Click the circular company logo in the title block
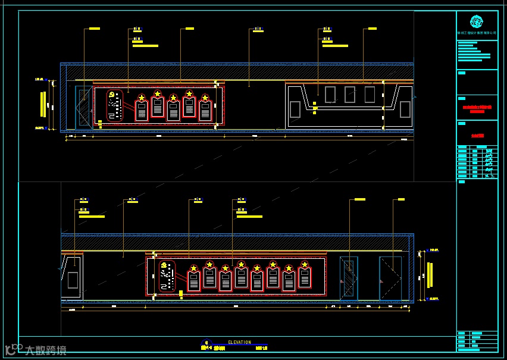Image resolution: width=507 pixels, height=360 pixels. pos(477,22)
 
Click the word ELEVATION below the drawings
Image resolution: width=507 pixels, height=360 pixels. pos(240,342)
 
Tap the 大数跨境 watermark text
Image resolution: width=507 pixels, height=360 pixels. pos(45,350)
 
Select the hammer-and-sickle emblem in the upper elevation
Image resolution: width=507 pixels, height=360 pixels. pos(111,95)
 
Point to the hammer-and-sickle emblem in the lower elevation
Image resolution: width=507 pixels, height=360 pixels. pos(164,265)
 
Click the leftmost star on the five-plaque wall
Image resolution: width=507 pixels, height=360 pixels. pos(142,98)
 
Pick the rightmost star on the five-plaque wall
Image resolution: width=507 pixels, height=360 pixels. pos(205,98)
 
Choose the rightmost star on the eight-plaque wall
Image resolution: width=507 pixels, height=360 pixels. pos(305,265)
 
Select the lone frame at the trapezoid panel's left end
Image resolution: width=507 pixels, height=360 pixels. pos(295,109)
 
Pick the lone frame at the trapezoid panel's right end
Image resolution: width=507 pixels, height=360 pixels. pos(405,109)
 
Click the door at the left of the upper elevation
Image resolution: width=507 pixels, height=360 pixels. pos(83,107)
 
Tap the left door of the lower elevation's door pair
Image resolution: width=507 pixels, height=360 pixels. pos(349,278)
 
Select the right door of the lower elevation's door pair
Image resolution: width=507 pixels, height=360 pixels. pos(391,278)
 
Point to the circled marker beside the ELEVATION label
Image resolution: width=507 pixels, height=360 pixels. pos(206,343)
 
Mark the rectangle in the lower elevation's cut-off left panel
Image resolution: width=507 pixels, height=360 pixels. pos(73,280)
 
